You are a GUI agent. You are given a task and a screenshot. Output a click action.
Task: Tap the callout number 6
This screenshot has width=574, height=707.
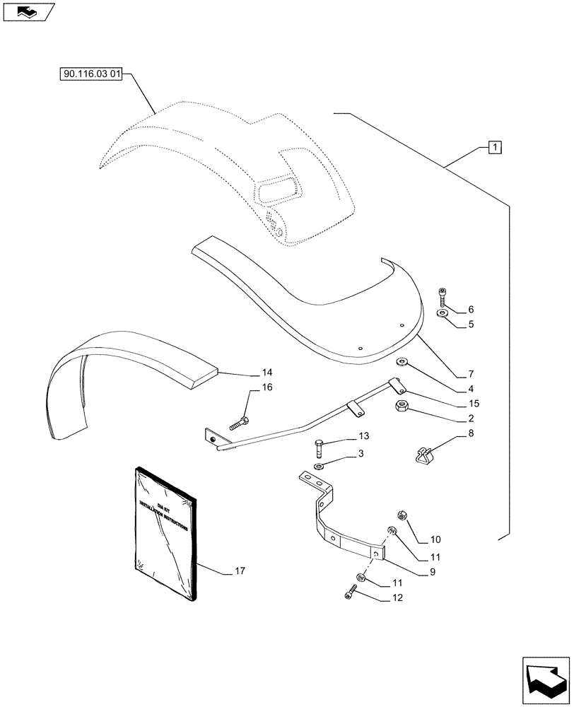pyautogui.click(x=471, y=310)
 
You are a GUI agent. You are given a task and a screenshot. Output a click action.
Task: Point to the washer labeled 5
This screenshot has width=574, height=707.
pyautogui.click(x=443, y=313)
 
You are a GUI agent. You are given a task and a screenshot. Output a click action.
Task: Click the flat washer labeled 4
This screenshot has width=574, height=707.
pyautogui.click(x=402, y=363)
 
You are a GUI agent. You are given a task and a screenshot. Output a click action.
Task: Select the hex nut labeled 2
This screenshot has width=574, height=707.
pyautogui.click(x=399, y=405)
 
